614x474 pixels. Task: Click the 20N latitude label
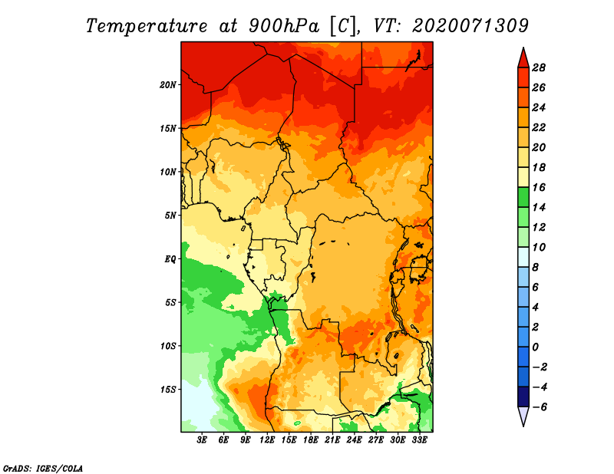click(x=168, y=84)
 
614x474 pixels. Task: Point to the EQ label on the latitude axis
click(x=170, y=258)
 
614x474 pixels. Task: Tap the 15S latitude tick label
click(x=168, y=390)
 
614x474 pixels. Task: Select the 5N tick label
click(x=170, y=216)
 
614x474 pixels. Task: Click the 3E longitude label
click(x=202, y=440)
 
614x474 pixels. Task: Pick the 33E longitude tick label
click(x=419, y=440)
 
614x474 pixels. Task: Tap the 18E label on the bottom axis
click(x=311, y=440)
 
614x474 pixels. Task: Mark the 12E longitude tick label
click(x=267, y=440)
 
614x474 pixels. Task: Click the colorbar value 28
click(x=539, y=67)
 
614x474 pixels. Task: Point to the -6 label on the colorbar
click(x=539, y=407)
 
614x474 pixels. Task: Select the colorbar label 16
click(x=539, y=187)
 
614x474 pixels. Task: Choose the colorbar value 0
click(x=535, y=347)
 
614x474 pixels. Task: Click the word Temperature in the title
click(x=146, y=27)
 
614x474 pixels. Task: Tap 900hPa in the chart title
click(x=283, y=26)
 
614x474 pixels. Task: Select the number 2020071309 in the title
click(x=470, y=26)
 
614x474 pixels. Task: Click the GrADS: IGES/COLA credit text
click(x=43, y=469)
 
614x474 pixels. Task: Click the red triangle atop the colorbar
click(x=523, y=58)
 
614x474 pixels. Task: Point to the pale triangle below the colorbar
click(x=523, y=416)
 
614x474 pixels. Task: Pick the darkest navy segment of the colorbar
click(x=523, y=397)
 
